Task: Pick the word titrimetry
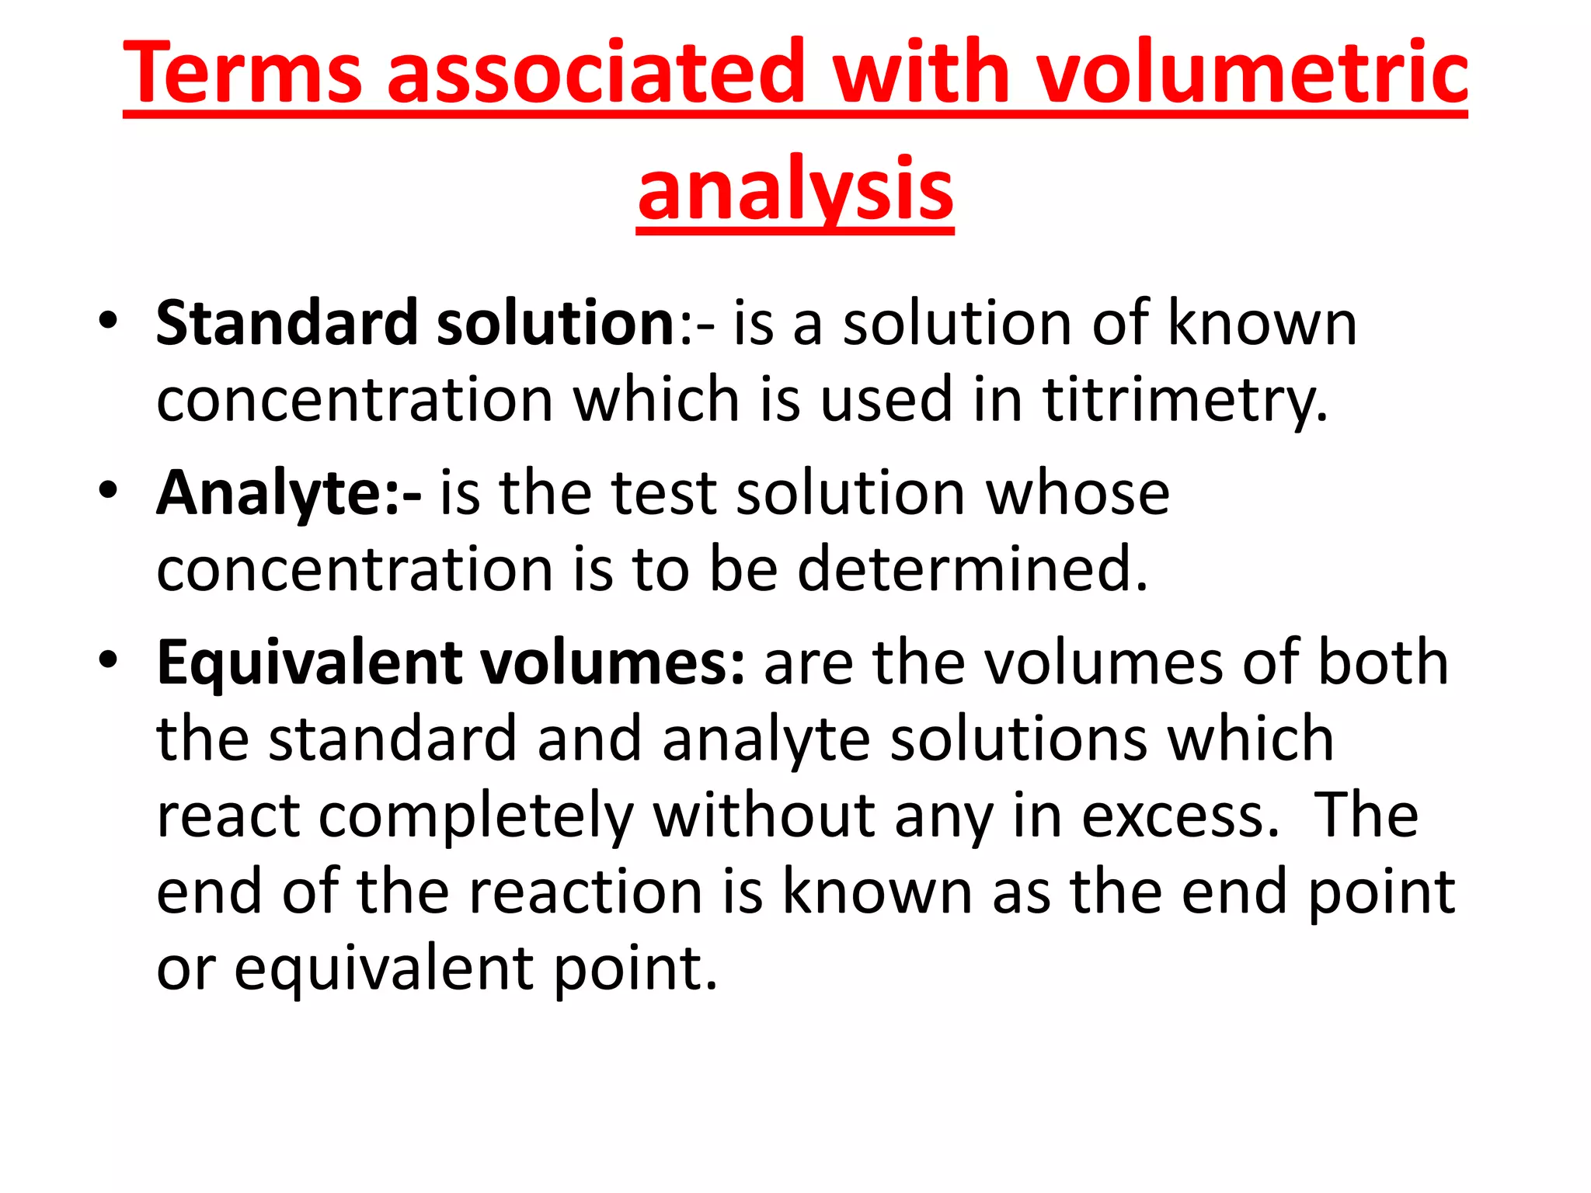[x=1184, y=400]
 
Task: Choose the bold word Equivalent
[x=308, y=663]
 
